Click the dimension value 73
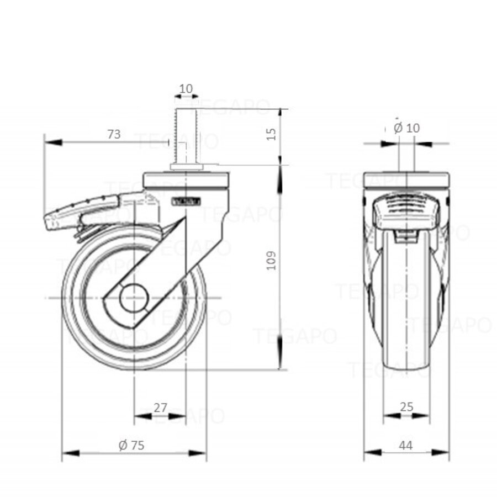(113, 134)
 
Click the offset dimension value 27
(160, 408)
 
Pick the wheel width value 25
(406, 408)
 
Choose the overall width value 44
(406, 445)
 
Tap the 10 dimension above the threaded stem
(186, 88)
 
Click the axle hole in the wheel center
(134, 299)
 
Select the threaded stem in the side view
(182, 135)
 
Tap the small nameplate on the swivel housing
(187, 202)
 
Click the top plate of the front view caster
(407, 181)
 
